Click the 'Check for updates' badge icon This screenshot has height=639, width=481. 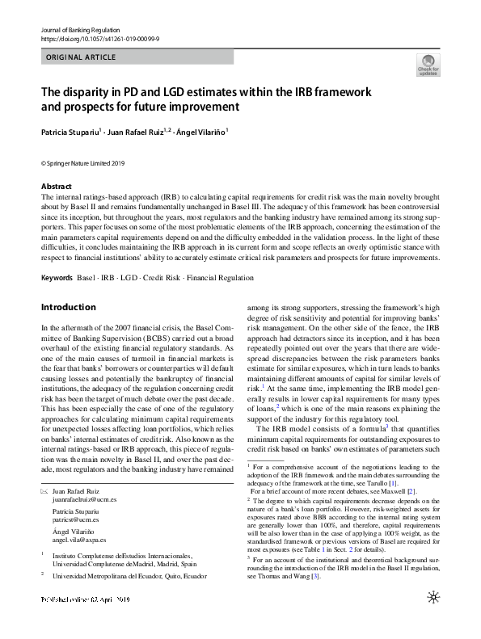428,65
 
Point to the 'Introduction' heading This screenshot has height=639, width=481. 68,308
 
